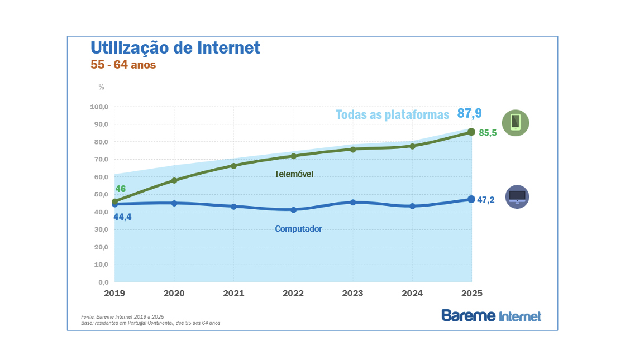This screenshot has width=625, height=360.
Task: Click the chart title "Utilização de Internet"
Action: tap(175, 48)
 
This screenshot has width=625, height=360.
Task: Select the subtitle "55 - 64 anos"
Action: tap(123, 65)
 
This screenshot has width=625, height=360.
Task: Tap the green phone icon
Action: tap(516, 123)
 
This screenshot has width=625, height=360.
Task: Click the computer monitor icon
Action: tap(517, 196)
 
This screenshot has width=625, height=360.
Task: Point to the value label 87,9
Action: tap(469, 113)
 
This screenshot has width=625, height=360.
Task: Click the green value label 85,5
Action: tap(488, 133)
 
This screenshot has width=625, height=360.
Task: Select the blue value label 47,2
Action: tap(486, 200)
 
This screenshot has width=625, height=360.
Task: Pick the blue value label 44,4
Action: tap(122, 217)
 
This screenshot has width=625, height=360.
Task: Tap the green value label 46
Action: tap(121, 189)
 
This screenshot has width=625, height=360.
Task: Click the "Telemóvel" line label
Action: tap(294, 174)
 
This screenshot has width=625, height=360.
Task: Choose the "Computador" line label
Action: tap(298, 229)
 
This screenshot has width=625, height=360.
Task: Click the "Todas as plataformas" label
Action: tap(392, 115)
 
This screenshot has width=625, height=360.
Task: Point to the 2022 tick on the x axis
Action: tap(293, 293)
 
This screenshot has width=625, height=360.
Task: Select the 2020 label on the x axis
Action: tap(174, 293)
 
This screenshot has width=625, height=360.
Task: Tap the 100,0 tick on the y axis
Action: tap(99, 107)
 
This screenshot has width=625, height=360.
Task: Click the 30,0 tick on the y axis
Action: tap(101, 229)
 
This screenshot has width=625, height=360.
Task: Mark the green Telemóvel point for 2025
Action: tap(471, 132)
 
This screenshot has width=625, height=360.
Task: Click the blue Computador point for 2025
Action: tap(471, 199)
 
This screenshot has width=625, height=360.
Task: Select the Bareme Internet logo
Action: tap(491, 315)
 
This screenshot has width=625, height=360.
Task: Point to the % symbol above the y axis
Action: tap(101, 87)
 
